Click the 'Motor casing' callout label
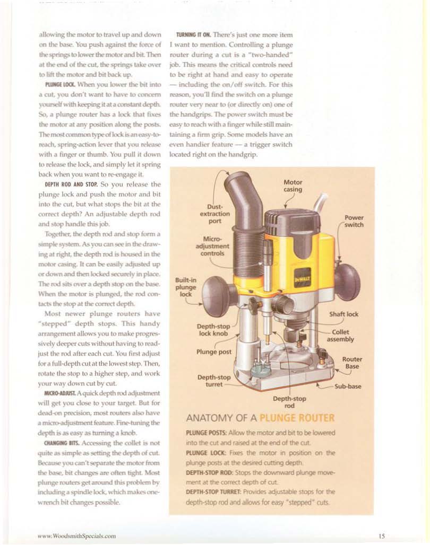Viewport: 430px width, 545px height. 293,186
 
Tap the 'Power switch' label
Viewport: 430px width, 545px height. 354,221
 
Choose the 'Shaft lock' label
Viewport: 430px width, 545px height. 343,314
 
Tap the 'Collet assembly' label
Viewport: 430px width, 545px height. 341,336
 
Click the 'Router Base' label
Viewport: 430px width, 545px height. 352,363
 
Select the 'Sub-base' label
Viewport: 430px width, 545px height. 348,386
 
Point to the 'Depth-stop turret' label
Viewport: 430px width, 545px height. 213,381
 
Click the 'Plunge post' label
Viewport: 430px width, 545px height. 213,351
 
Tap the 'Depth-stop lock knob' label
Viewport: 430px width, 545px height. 213,329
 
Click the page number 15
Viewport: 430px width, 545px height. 382,536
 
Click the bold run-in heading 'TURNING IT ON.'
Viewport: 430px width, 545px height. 191,35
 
